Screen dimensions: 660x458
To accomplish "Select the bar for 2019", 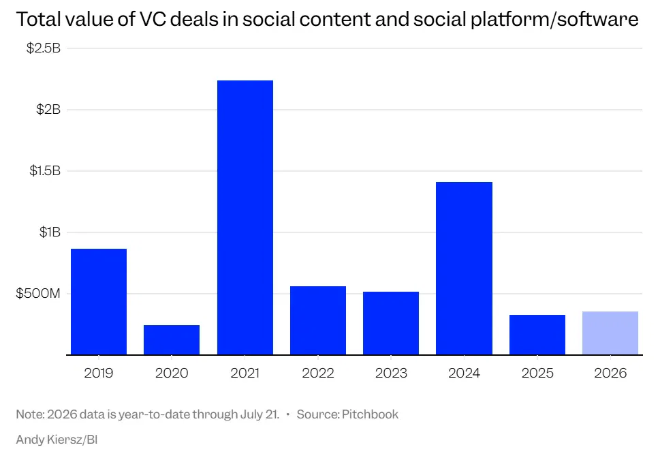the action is tap(99, 302).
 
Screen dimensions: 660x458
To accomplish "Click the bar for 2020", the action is tap(172, 339).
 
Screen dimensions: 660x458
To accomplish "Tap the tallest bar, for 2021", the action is tap(245, 217).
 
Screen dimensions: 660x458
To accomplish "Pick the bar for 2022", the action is tap(318, 320).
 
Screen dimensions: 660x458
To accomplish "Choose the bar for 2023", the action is tap(391, 323).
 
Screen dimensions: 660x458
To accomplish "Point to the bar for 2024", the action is tap(465, 269).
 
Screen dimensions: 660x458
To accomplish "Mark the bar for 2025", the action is tap(537, 335).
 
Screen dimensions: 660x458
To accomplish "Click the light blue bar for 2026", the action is tap(610, 333).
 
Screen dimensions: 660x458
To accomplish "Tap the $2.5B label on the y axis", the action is tap(44, 48).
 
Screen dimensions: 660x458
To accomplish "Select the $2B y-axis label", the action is tap(48, 110).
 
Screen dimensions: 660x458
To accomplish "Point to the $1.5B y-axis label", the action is tap(45, 170).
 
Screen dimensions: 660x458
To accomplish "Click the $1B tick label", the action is tap(50, 232).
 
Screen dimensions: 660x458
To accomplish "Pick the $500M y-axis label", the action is tap(38, 293).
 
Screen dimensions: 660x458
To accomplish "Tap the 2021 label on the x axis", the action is tap(245, 373).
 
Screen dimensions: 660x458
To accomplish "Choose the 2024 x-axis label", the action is tap(465, 373).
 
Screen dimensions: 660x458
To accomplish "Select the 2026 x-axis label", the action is tap(610, 373).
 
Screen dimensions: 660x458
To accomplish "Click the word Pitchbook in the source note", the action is tap(370, 414).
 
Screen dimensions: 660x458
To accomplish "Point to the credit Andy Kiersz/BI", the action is tap(57, 440).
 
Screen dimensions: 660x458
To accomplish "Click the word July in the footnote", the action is tap(252, 414).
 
